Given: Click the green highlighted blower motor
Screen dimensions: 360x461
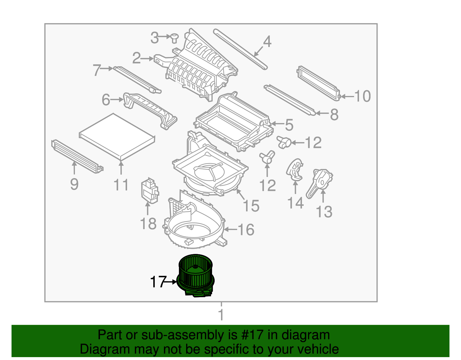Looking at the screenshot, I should click(196, 275).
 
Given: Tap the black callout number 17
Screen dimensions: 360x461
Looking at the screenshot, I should click(158, 282).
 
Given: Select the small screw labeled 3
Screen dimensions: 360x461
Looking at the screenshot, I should click(174, 37).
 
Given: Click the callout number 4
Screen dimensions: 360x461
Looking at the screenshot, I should click(267, 42).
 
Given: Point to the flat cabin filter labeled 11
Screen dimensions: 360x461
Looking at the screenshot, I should click(117, 136).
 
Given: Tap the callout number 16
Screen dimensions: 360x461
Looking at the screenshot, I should click(246, 230).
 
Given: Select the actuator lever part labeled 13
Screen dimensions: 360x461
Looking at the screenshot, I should click(320, 182).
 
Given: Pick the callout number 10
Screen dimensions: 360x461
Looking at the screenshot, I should click(362, 96).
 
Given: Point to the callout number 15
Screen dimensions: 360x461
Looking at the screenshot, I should click(251, 206).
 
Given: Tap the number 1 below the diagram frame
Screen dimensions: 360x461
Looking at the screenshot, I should click(221, 314).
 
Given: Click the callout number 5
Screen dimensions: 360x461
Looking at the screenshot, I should click(289, 125).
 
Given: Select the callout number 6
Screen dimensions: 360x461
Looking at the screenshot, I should click(106, 100).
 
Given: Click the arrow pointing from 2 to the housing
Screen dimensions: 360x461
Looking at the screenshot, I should click(148, 59).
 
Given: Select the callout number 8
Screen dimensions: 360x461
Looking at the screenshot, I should click(334, 114).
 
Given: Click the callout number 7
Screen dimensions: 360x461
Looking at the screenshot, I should click(97, 70).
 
